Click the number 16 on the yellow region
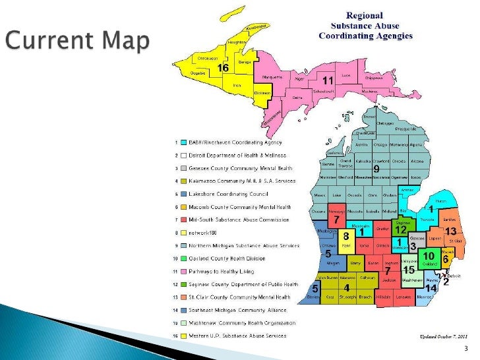pyautogui.click(x=224, y=68)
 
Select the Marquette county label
pyautogui.click(x=272, y=77)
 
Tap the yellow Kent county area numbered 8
pyautogui.click(x=345, y=235)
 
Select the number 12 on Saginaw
pyautogui.click(x=400, y=229)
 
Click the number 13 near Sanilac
pyautogui.click(x=451, y=231)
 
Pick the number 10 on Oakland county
pyautogui.click(x=429, y=255)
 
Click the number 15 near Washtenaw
pyautogui.click(x=408, y=270)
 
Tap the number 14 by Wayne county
pyautogui.click(x=430, y=288)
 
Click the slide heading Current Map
pyautogui.click(x=78, y=42)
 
